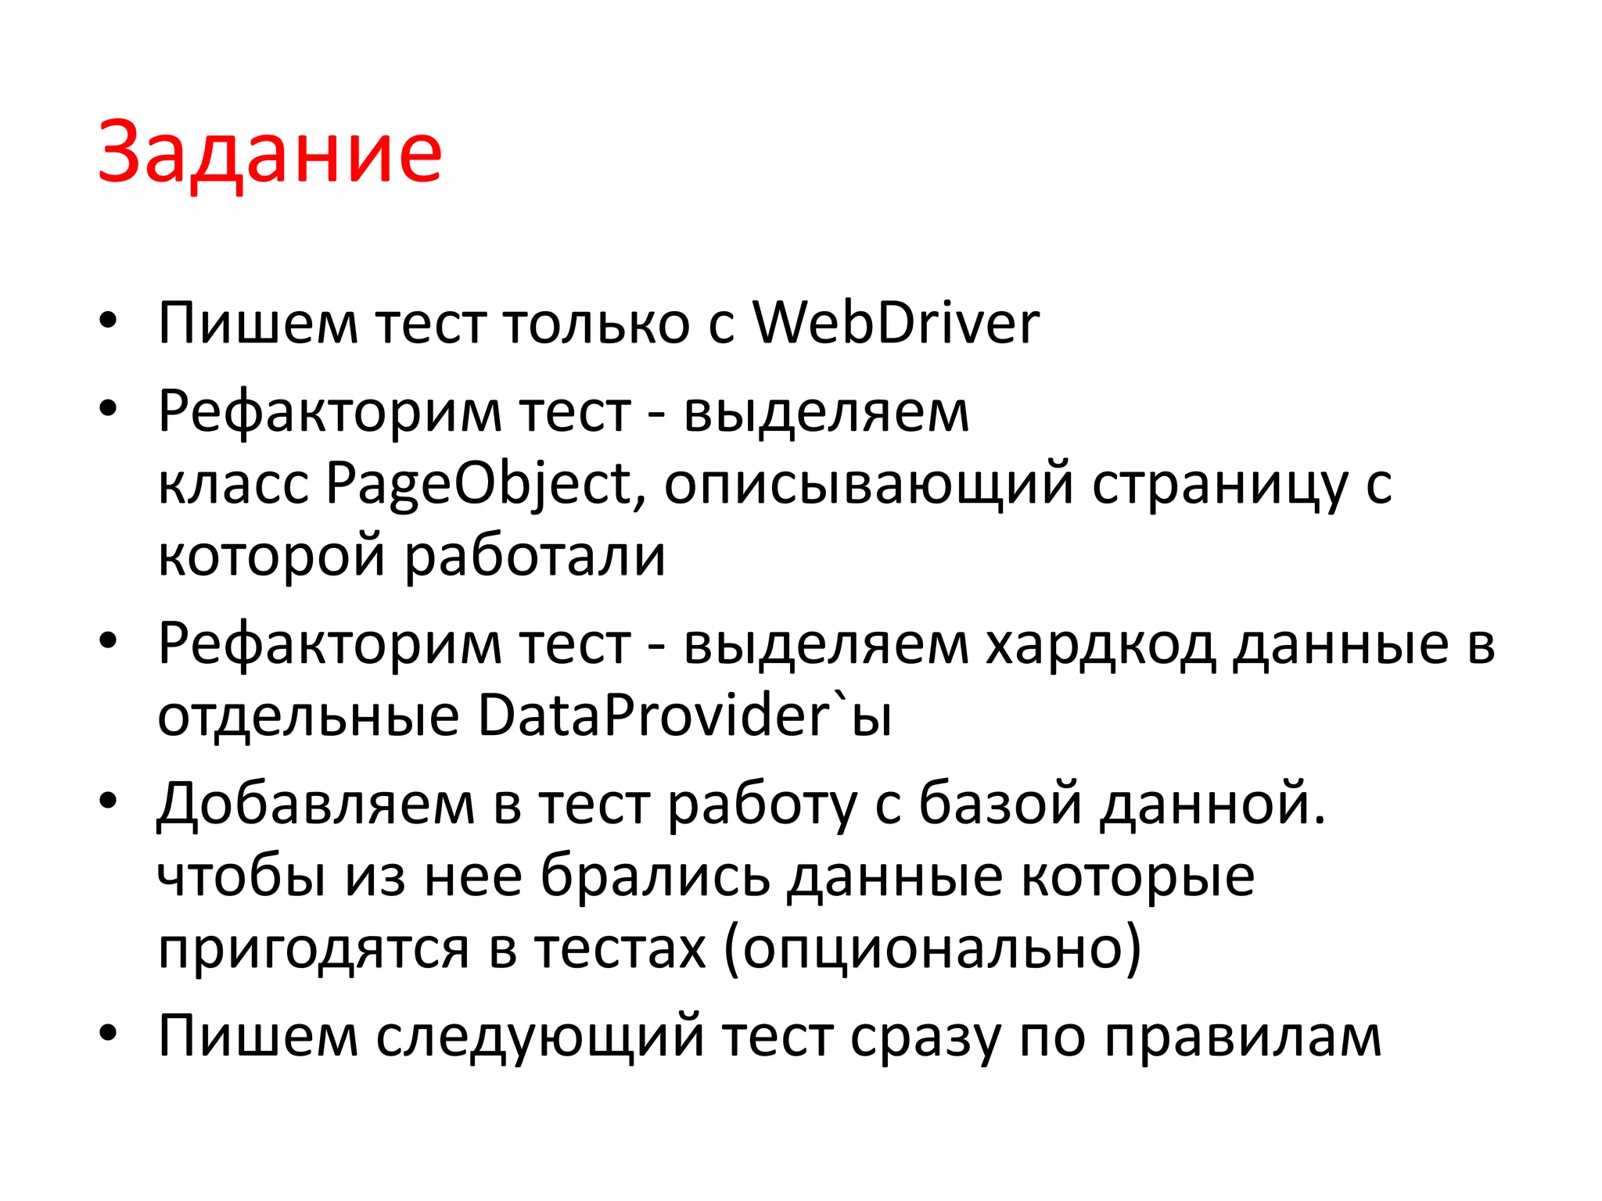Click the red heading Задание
click(x=270, y=153)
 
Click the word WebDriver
click(x=896, y=322)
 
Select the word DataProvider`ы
click(x=684, y=715)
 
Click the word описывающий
click(x=868, y=486)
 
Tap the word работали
click(x=535, y=556)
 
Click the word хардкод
click(x=1100, y=645)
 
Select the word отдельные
click(x=308, y=716)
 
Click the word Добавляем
click(x=315, y=805)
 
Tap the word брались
click(x=656, y=877)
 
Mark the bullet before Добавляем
click(x=108, y=800)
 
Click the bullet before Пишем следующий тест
click(x=108, y=1032)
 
